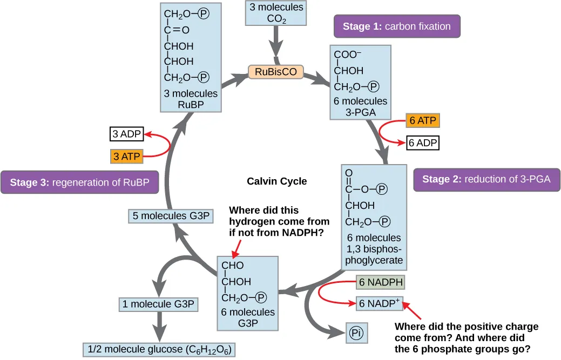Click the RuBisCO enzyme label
pos(276,71)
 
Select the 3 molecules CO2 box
pos(276,13)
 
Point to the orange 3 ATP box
pos(127,157)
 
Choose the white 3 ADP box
pos(126,134)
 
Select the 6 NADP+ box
pos(380,303)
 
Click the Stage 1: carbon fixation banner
pos(397,26)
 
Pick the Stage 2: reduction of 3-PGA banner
pos(486,179)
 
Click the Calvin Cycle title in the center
pos(276,181)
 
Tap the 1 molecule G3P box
pos(158,304)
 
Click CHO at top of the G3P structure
pos(233,266)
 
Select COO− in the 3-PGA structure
pos(348,55)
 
